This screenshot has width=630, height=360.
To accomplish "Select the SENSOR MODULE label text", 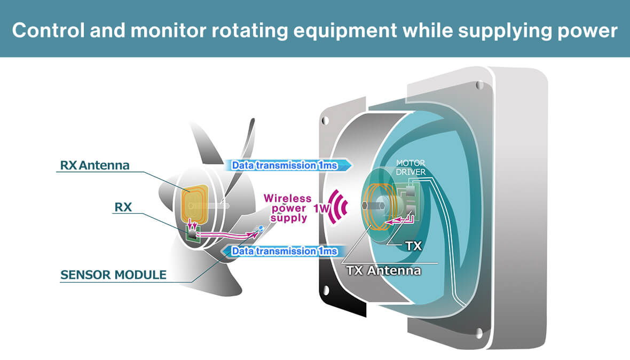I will click(113, 275).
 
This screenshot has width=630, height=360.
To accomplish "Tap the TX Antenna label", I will click(383, 270).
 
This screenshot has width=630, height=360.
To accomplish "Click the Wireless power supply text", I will click(288, 208).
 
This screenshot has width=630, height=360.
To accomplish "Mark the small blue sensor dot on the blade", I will click(261, 228).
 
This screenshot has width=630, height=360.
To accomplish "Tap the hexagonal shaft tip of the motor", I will click(365, 205).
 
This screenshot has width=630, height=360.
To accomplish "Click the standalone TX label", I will click(413, 246).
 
